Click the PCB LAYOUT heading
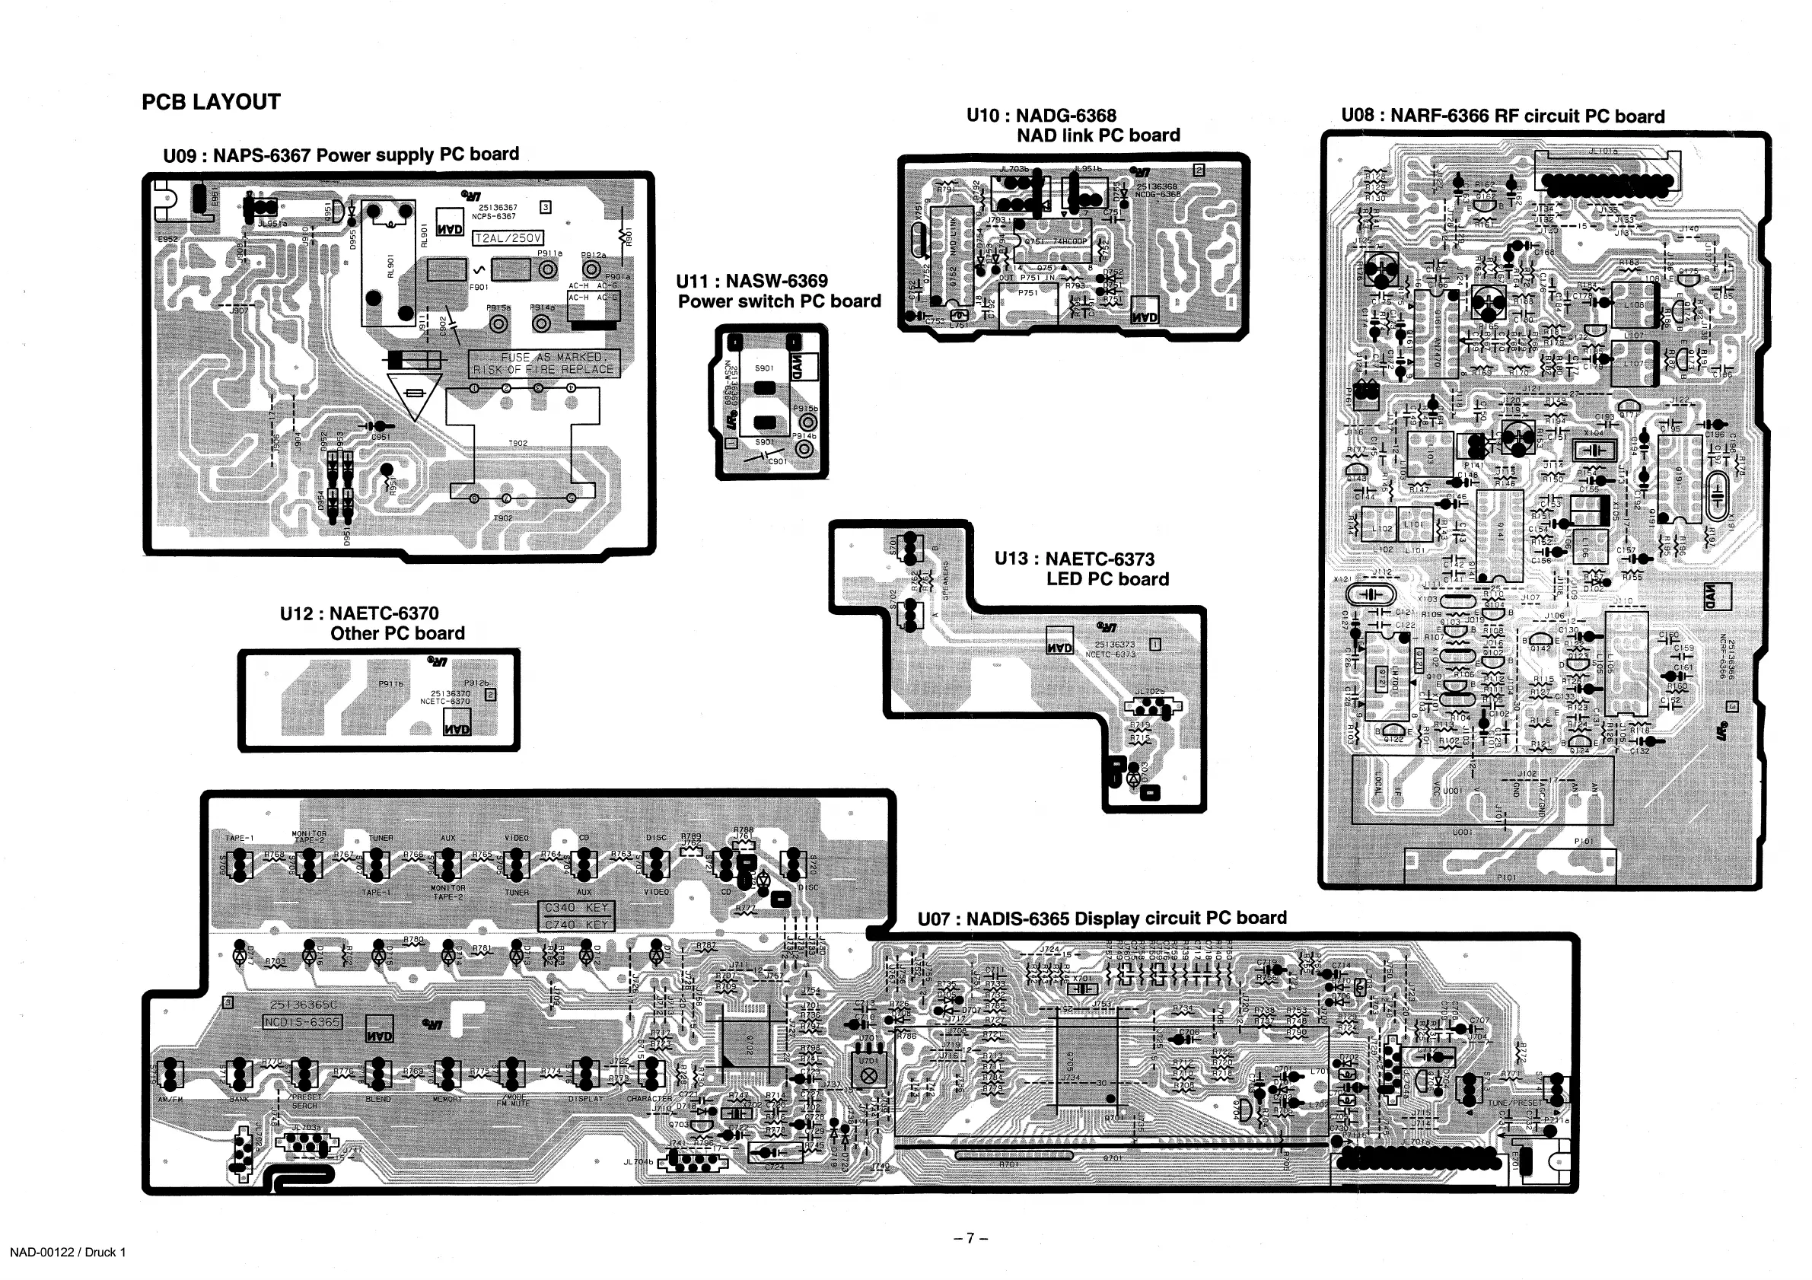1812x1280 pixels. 211,102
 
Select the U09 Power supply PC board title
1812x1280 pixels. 341,154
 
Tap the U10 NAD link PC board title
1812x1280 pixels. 1072,126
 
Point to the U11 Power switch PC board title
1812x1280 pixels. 779,291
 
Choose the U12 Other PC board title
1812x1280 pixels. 371,623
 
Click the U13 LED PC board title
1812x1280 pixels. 1081,569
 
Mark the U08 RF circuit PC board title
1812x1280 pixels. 1502,116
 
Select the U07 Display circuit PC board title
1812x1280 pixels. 1102,919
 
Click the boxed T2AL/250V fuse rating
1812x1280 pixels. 508,238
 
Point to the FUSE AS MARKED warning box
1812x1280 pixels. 545,363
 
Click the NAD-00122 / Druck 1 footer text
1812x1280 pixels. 68,1253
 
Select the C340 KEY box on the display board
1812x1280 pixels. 576,909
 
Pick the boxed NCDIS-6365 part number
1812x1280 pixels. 302,1022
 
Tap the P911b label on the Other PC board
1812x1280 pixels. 391,684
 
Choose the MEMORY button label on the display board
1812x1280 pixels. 447,1100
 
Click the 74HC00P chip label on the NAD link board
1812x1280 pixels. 1070,241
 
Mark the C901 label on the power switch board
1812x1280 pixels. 777,461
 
